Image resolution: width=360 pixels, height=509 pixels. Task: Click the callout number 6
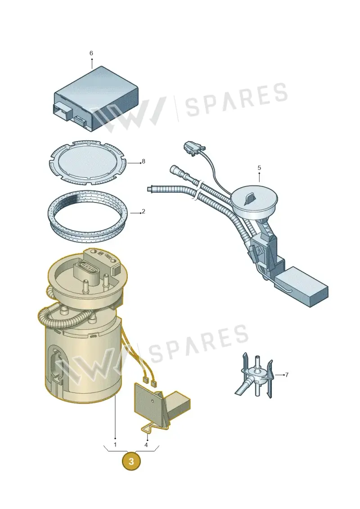[x=91, y=53]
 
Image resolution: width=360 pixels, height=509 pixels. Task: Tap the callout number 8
[x=144, y=161]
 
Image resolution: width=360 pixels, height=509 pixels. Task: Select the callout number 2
[x=144, y=212]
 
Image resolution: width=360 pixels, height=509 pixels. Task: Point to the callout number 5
[x=259, y=167]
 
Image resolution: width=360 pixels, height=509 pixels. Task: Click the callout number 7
[x=287, y=375]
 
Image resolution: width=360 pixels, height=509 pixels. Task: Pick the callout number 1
[x=115, y=445]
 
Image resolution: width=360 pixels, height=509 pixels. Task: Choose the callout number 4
[x=146, y=445]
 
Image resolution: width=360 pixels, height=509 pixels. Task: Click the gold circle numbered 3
[x=131, y=461]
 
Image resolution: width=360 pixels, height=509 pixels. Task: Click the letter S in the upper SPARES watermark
[x=193, y=105]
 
